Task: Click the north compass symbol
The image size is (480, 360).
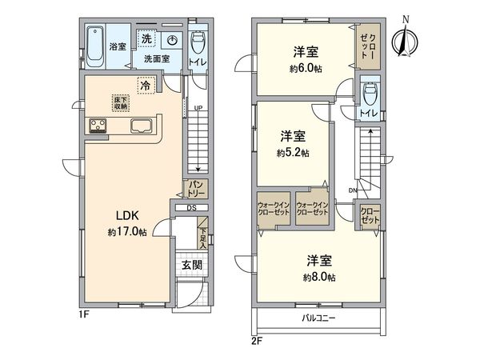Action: [405, 38]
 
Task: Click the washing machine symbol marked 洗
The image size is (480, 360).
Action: [146, 39]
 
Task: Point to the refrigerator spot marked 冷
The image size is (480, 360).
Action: [146, 84]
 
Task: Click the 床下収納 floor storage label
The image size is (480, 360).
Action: [118, 100]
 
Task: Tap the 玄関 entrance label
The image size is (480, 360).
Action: [190, 265]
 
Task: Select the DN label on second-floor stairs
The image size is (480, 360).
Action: [352, 190]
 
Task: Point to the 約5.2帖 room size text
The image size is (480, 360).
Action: [293, 152]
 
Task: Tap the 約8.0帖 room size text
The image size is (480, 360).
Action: [318, 277]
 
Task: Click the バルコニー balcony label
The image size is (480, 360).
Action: [318, 318]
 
